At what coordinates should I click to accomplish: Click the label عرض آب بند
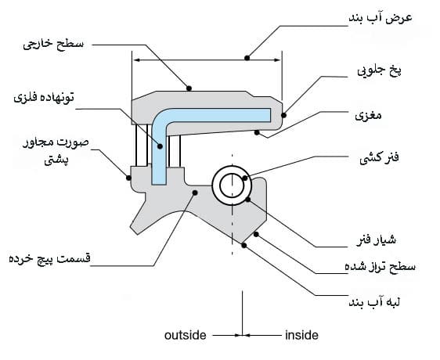(x=380, y=18)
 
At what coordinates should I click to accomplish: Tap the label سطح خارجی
(x=53, y=44)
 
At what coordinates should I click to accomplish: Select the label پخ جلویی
(x=379, y=70)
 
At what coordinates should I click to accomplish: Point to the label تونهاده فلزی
(x=44, y=98)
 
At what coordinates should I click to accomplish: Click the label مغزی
(x=368, y=115)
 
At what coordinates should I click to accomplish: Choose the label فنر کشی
(x=379, y=158)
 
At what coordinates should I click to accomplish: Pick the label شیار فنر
(x=376, y=240)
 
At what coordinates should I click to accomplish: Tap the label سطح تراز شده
(x=380, y=266)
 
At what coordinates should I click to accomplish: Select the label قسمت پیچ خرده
(x=49, y=258)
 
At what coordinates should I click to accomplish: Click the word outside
(x=186, y=335)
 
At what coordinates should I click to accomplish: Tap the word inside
(x=301, y=335)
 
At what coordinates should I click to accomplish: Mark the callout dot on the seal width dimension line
(x=247, y=58)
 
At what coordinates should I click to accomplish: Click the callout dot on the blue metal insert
(x=160, y=146)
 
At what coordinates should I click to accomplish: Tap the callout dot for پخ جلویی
(x=283, y=115)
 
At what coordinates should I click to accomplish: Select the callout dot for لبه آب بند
(x=243, y=245)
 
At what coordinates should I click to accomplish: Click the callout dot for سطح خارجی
(x=189, y=88)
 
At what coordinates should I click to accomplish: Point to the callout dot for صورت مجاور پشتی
(x=128, y=178)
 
